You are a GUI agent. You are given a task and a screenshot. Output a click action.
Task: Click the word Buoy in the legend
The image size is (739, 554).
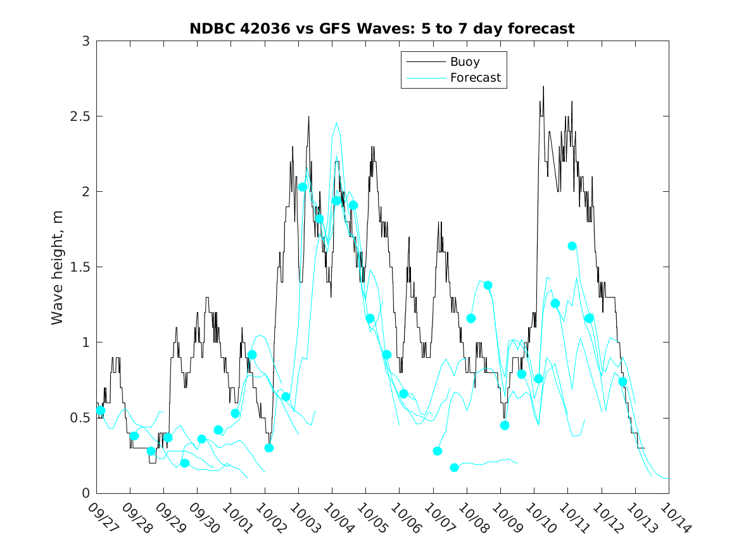[x=464, y=62]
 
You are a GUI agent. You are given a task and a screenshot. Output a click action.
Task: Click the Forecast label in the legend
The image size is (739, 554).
[x=475, y=78]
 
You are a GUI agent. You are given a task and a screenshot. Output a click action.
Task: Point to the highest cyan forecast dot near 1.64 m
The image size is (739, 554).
[x=572, y=246]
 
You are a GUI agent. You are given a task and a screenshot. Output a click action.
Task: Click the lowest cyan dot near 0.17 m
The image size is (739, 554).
[x=454, y=467]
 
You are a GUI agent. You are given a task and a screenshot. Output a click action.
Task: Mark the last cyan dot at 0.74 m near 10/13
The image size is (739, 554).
[x=622, y=381]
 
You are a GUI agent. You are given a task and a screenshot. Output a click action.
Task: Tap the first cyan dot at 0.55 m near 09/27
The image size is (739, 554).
[x=100, y=410]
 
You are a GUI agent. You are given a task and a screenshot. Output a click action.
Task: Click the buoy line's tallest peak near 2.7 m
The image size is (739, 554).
[x=543, y=87]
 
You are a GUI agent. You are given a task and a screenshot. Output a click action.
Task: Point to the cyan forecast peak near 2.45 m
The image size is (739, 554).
[x=336, y=123]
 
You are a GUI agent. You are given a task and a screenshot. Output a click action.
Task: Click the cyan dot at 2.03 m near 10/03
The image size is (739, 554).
[x=303, y=187]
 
